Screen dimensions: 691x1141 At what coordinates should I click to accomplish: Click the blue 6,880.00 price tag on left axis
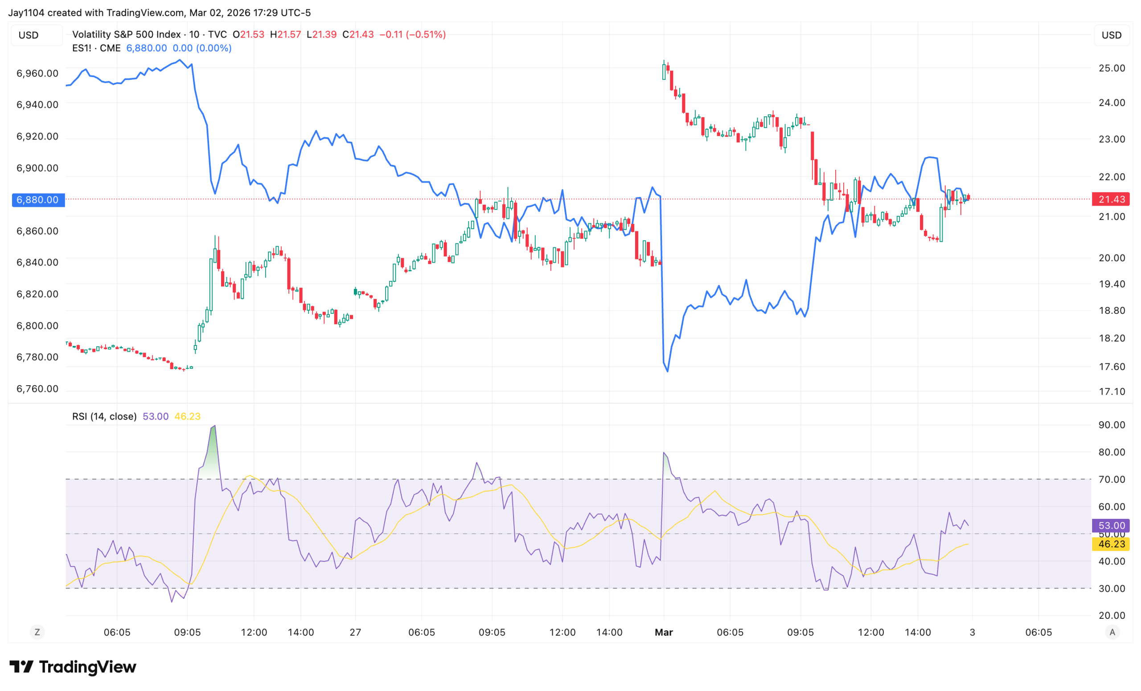[38, 200]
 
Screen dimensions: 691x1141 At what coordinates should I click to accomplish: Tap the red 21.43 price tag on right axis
[1111, 199]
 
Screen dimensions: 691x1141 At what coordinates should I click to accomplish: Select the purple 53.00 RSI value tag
[1111, 525]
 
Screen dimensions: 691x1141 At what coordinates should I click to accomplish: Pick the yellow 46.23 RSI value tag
[1111, 544]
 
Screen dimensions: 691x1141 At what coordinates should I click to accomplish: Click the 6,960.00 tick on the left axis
[37, 73]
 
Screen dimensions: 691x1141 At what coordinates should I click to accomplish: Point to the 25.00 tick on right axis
[1112, 68]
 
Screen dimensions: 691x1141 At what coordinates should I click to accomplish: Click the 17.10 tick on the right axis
[1112, 391]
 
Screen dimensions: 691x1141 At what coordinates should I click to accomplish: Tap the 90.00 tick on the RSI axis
[1112, 425]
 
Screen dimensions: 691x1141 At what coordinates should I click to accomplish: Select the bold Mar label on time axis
[664, 632]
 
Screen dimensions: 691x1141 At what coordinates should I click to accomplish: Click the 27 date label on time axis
[355, 632]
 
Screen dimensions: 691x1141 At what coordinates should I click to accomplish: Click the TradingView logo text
[87, 667]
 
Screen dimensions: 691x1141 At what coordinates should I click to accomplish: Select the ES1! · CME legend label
[96, 48]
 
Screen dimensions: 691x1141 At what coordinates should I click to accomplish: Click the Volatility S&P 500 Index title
[127, 34]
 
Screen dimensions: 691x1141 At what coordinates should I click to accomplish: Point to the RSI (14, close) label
[104, 416]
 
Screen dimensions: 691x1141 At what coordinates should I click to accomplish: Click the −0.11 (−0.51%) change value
[413, 34]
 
